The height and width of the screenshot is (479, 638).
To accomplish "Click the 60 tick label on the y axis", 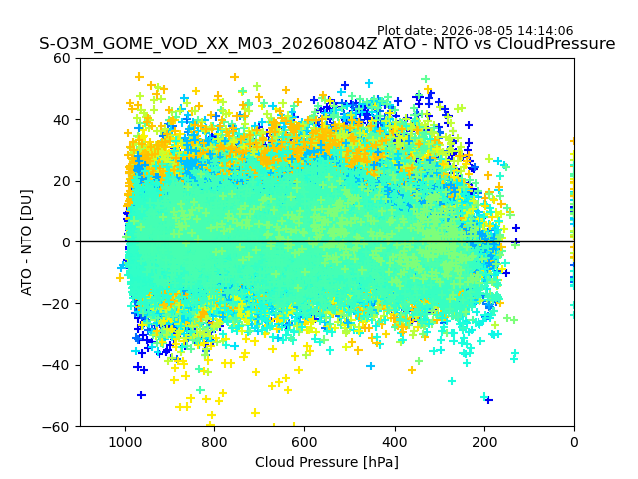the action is tap(62, 59).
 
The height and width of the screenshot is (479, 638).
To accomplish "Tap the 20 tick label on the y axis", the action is tap(62, 182).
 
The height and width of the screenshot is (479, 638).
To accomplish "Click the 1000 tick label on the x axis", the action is tap(126, 442).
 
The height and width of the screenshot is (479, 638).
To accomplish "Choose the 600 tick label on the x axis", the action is tap(305, 442).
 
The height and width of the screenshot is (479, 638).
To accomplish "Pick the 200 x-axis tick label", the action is tap(484, 442).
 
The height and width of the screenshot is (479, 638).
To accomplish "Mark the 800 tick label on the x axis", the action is tap(215, 442).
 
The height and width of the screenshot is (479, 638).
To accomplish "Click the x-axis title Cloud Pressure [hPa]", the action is tap(327, 463).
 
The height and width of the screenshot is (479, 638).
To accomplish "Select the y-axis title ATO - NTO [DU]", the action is tap(27, 242).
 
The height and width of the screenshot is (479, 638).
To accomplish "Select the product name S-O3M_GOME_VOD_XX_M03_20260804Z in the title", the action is tap(208, 44).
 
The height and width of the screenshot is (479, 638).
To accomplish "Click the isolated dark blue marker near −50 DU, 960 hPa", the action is tap(141, 395).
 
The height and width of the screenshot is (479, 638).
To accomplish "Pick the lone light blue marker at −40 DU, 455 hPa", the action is tap(370, 366).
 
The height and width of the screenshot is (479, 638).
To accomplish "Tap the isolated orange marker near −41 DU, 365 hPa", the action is tap(412, 370).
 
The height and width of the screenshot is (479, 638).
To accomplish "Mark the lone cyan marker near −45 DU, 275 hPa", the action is tap(452, 381).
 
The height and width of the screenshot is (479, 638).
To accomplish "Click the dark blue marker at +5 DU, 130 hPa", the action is tap(516, 228).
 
